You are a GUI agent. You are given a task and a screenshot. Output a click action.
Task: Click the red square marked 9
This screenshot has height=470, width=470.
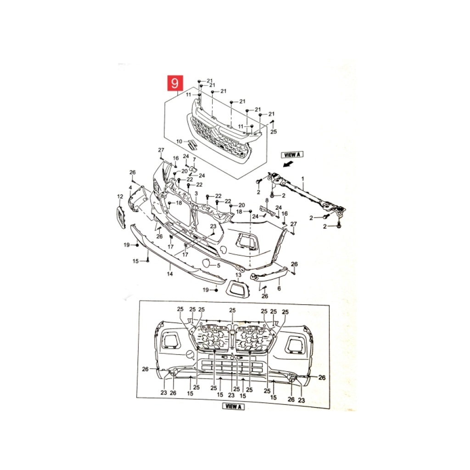tap(175, 83)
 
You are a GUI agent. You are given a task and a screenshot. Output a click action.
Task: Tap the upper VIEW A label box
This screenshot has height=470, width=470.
tap(292, 155)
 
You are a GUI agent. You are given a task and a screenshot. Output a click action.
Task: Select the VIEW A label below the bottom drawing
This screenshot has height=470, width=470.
tap(233, 407)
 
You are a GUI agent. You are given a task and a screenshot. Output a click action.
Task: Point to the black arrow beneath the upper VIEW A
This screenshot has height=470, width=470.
tap(288, 164)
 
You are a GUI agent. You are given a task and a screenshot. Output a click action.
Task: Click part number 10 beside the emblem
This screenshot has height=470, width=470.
tap(179, 141)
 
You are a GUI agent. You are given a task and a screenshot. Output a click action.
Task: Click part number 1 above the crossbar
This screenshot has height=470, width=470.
tap(303, 179)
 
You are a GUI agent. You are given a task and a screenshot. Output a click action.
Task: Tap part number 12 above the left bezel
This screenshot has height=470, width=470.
tap(120, 196)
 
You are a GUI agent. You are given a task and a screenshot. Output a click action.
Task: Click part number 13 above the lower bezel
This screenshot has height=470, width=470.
tap(238, 275)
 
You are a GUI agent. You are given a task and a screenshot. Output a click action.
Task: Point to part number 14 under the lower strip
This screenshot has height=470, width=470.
tap(170, 274)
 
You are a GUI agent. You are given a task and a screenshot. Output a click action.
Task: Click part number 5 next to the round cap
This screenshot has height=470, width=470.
tap(218, 265)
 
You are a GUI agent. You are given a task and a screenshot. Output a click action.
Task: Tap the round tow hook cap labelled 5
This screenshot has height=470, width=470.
tap(207, 263)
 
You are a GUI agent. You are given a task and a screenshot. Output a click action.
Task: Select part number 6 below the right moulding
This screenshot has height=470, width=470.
tap(279, 288)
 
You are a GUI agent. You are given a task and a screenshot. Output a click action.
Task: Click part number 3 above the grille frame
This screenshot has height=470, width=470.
tap(196, 194)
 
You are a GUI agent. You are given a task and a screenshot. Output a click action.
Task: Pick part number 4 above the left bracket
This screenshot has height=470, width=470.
tap(130, 188)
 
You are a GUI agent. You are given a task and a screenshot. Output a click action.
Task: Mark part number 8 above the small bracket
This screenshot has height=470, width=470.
tap(267, 200)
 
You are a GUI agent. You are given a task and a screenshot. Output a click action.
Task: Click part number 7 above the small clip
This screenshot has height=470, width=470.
tap(194, 159)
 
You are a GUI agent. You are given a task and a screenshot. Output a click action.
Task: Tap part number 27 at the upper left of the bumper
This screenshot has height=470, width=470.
tap(161, 150)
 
